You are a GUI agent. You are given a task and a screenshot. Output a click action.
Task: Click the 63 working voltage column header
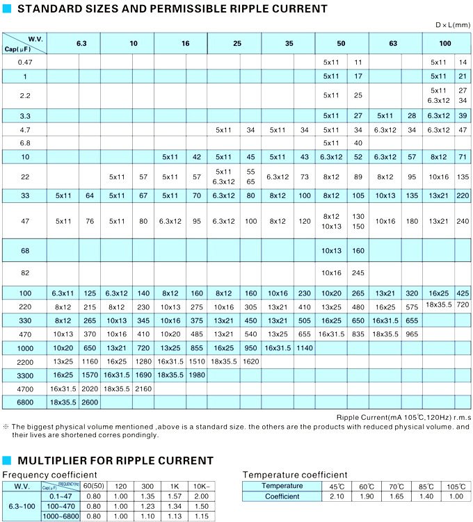(394, 43)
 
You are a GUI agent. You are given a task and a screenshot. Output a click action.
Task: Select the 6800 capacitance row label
(24, 402)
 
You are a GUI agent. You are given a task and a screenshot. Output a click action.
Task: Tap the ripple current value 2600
(90, 402)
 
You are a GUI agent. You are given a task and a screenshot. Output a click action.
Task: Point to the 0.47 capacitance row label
(24, 63)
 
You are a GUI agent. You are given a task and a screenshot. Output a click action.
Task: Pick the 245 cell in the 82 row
(358, 273)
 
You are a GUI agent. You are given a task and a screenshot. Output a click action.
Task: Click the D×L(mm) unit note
(453, 25)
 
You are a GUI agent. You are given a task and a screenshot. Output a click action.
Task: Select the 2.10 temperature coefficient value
(337, 496)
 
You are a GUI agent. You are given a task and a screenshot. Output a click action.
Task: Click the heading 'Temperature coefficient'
(295, 475)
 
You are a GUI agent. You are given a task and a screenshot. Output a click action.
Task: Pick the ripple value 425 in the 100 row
(463, 292)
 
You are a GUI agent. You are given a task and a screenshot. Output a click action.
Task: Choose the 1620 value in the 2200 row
(251, 361)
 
